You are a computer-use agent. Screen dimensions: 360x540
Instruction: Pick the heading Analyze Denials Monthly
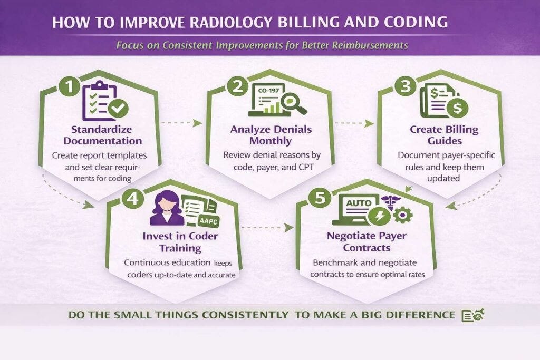tap(271, 135)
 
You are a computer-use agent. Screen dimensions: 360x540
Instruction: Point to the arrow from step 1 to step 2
tap(182, 123)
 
